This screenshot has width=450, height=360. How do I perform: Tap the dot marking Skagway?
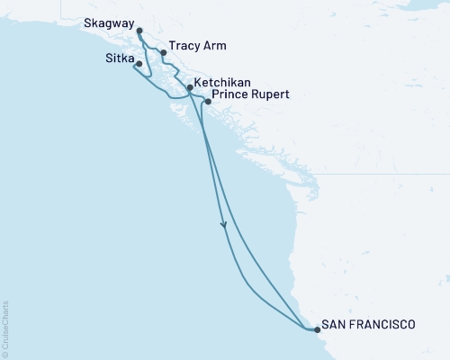[139, 31]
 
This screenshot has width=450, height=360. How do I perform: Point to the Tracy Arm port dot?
[163, 52]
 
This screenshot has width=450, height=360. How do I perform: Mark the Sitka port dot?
[139, 64]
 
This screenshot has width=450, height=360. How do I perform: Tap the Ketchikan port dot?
[189, 87]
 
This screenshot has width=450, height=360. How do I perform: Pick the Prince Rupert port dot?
[208, 102]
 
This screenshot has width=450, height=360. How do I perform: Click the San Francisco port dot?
[317, 329]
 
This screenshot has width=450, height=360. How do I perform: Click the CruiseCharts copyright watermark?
[5, 329]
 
